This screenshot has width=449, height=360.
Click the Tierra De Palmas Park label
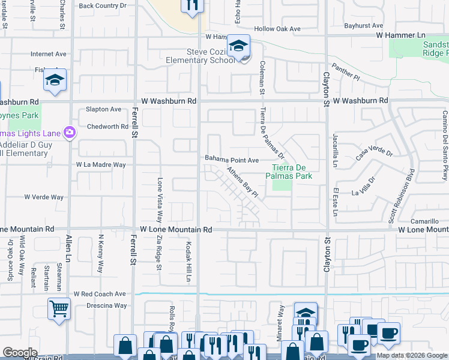tap(292, 172)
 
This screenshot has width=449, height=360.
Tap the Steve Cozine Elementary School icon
tap(238, 46)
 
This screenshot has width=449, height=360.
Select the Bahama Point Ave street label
tap(232, 160)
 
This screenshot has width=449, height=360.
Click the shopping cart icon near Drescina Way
tap(59, 309)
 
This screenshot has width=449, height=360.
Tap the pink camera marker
tap(70, 132)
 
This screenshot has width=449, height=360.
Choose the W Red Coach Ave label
tap(100, 294)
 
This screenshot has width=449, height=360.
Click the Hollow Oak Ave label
tap(277, 29)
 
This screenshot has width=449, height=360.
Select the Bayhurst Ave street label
tap(364, 26)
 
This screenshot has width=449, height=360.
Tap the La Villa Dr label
tap(363, 187)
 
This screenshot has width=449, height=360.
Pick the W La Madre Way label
tap(101, 164)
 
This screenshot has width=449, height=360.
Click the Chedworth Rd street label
tap(107, 127)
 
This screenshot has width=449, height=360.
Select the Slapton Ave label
tap(103, 109)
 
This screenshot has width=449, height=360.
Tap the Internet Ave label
tap(49, 54)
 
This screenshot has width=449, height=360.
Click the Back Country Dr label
tap(103, 5)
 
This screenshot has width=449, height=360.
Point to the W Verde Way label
tap(44, 197)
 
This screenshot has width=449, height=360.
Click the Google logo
tap(20, 353)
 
